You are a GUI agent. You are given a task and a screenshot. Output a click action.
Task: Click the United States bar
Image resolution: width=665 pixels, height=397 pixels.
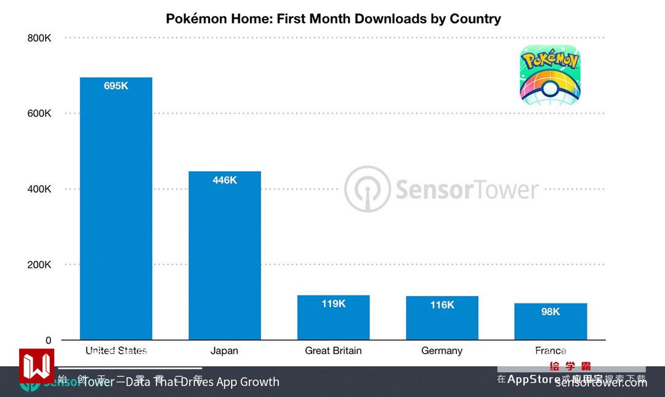pos(116,209)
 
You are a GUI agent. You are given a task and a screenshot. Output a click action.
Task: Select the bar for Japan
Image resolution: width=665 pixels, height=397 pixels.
pos(225,255)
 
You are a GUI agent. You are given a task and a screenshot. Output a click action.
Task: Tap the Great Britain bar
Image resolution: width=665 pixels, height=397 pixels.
pos(333,318)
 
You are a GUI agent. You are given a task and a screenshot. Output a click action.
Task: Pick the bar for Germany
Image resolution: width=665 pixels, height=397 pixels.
pos(442,318)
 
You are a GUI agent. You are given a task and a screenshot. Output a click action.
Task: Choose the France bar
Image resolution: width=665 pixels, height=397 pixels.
pos(550,322)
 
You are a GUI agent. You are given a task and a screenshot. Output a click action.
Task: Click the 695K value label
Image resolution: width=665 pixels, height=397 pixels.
pos(116,86)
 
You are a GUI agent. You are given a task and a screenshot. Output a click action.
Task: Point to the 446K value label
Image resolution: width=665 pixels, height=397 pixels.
pos(225,180)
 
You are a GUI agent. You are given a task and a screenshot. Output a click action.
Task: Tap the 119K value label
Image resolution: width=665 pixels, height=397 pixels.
pos(333,303)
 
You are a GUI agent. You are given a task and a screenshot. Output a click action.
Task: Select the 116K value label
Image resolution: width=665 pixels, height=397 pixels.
pos(442,305)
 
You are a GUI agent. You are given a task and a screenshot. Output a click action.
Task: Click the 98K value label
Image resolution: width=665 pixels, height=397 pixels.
pos(550,312)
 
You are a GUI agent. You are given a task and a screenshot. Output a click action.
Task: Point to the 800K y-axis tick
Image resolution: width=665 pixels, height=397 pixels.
pos(39,38)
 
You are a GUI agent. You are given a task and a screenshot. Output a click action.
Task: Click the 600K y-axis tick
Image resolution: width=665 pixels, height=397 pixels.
pos(39,114)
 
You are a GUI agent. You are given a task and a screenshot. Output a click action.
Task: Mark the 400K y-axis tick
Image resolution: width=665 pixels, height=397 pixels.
pos(39,189)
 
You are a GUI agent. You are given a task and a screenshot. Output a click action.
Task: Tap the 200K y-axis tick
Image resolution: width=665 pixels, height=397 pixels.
pos(39,265)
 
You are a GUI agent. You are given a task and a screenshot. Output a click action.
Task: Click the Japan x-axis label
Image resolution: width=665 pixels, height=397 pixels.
pos(224,351)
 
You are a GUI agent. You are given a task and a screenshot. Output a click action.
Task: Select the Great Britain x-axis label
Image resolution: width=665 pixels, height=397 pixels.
pos(333,351)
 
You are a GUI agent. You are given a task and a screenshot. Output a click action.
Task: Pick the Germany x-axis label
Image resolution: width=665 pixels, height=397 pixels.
pos(441,351)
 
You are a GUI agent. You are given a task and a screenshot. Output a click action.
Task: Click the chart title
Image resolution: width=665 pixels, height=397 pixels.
pos(333,18)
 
